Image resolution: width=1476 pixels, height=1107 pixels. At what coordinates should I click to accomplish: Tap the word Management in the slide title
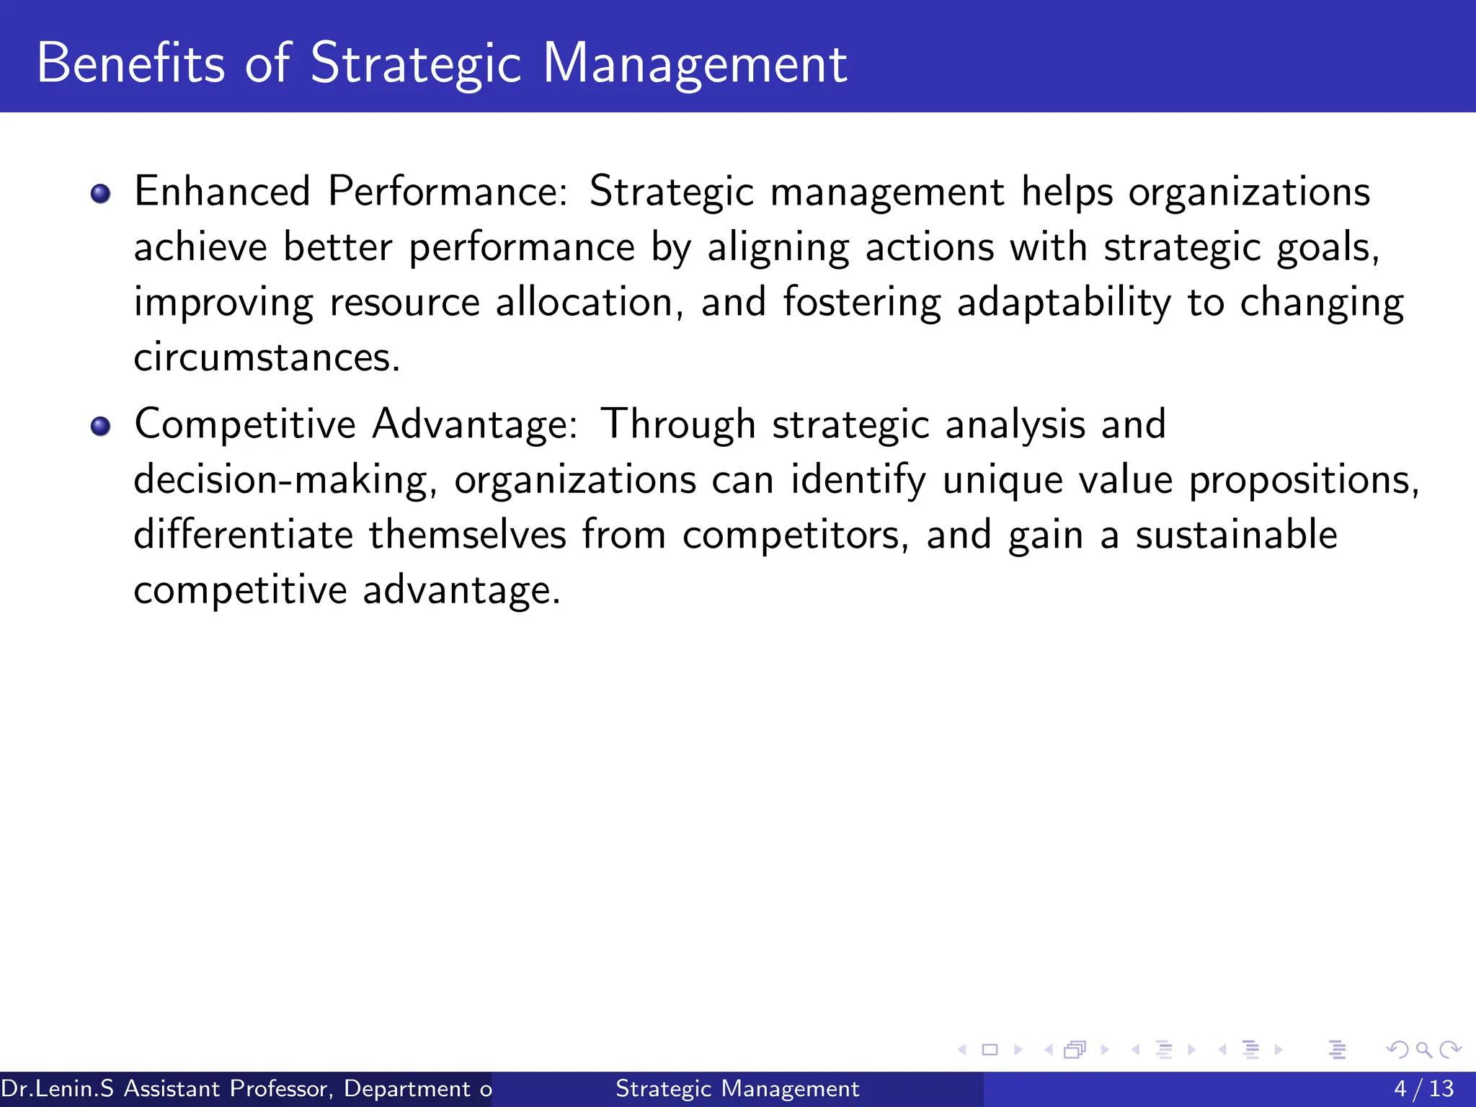(695, 65)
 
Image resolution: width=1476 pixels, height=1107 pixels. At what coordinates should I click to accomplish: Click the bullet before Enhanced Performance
(101, 193)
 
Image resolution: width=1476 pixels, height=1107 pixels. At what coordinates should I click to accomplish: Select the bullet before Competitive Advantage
(101, 426)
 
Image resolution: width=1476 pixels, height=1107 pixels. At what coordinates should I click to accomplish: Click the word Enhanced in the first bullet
(222, 192)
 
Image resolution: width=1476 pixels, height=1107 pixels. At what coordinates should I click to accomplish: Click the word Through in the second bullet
(678, 424)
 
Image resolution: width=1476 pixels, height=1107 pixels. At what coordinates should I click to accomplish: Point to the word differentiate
(243, 535)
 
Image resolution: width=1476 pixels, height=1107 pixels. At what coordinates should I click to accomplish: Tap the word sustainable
(1236, 535)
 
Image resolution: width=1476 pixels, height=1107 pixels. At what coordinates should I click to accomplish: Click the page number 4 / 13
(1423, 1088)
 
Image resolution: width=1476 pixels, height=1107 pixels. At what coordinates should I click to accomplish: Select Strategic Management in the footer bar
(737, 1088)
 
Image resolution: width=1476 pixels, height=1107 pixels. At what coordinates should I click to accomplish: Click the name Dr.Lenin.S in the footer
(58, 1088)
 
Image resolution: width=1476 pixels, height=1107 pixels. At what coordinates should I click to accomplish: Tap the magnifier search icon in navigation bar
(1423, 1050)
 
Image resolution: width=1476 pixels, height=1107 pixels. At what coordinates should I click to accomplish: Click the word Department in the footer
(407, 1088)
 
